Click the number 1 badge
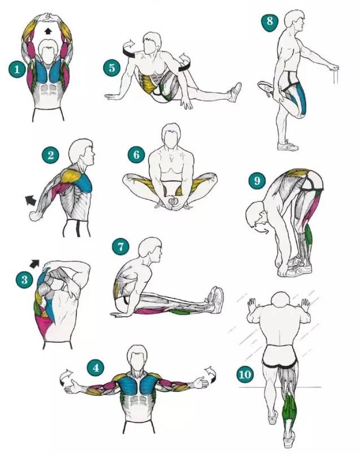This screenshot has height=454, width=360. (x=17, y=69)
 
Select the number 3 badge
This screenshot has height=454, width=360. (x=24, y=280)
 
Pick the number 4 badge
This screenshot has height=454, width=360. (x=96, y=368)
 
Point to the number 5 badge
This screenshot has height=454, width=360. (x=112, y=68)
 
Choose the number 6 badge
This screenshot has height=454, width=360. (x=137, y=155)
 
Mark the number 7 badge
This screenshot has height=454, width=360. (x=120, y=246)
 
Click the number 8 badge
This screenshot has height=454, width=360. (x=270, y=21)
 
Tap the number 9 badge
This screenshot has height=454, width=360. (x=257, y=181)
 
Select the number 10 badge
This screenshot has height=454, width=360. (x=245, y=374)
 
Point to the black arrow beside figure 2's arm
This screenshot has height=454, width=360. (x=30, y=200)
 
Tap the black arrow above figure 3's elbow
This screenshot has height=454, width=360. (x=35, y=263)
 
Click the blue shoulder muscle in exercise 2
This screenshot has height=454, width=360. (x=84, y=182)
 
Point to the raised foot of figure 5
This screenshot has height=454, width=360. (x=235, y=92)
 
